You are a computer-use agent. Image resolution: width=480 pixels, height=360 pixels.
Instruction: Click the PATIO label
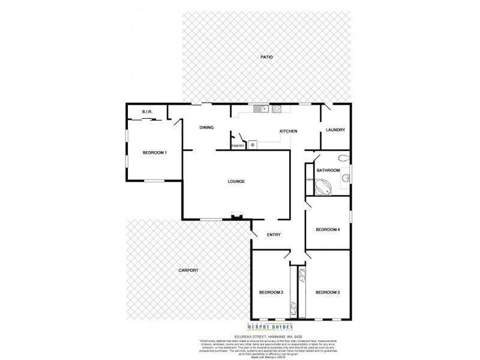click(266, 57)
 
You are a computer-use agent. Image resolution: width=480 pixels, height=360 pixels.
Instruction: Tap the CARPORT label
click(188, 271)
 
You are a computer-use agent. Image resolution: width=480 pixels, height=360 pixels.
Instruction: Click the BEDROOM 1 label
click(154, 153)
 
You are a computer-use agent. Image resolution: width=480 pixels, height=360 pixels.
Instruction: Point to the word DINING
click(206, 127)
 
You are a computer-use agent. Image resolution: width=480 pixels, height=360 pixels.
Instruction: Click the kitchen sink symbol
click(260, 109)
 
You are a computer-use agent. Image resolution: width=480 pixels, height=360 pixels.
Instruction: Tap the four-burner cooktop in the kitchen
click(277, 109)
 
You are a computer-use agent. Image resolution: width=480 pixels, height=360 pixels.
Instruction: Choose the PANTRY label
click(238, 145)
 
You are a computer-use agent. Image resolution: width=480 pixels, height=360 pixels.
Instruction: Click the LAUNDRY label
click(334, 130)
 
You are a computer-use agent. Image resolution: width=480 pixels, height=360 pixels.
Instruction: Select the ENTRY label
click(274, 234)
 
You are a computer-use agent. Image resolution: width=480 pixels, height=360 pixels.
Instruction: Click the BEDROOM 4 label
click(328, 229)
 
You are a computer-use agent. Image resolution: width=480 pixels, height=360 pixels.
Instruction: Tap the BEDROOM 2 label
click(271, 292)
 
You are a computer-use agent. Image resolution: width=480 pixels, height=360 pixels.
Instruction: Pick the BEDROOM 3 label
click(328, 292)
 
